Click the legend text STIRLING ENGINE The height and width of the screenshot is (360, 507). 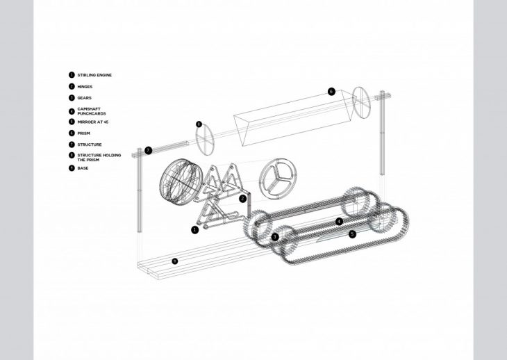[x=94, y=75]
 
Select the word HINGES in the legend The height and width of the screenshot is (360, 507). [x=85, y=87]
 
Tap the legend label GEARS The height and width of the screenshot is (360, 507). [x=85, y=98]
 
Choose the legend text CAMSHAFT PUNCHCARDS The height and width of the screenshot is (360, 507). [x=92, y=111]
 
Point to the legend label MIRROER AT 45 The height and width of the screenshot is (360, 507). [x=93, y=122]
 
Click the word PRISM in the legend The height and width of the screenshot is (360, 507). [x=84, y=133]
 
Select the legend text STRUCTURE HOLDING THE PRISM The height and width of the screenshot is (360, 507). [x=99, y=158]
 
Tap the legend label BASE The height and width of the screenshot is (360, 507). [x=83, y=168]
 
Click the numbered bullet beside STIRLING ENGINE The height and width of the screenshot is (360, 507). [x=72, y=75]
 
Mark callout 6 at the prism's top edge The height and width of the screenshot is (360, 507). [x=331, y=92]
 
